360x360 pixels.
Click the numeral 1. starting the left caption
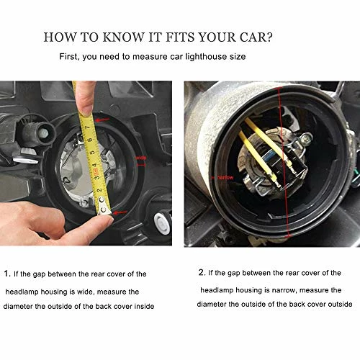point(7,274)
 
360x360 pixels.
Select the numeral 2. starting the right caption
point(202,273)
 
